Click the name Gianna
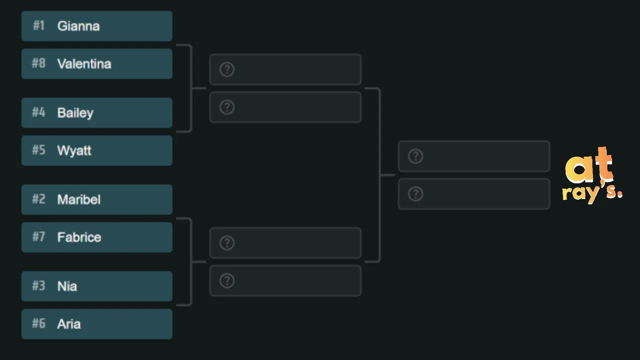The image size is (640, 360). click(78, 26)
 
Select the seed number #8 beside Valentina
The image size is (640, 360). click(38, 63)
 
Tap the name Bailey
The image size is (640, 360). click(75, 113)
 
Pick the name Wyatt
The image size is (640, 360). click(74, 151)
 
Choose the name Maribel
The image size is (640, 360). click(79, 199)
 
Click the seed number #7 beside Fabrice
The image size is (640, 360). click(38, 236)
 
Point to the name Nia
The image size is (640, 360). click(67, 286)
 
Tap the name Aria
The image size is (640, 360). click(69, 324)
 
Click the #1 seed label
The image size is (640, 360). click(38, 25)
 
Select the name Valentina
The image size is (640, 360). click(84, 63)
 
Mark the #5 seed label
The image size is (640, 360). click(38, 149)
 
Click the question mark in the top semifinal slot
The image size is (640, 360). click(227, 69)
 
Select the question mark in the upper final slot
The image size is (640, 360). click(415, 156)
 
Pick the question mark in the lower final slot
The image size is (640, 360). click(415, 194)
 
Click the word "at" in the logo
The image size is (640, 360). click(589, 165)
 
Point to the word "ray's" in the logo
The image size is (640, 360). click(592, 193)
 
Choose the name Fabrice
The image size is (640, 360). click(79, 237)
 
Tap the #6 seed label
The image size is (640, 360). click(38, 323)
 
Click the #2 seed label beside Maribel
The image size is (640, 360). click(38, 199)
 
